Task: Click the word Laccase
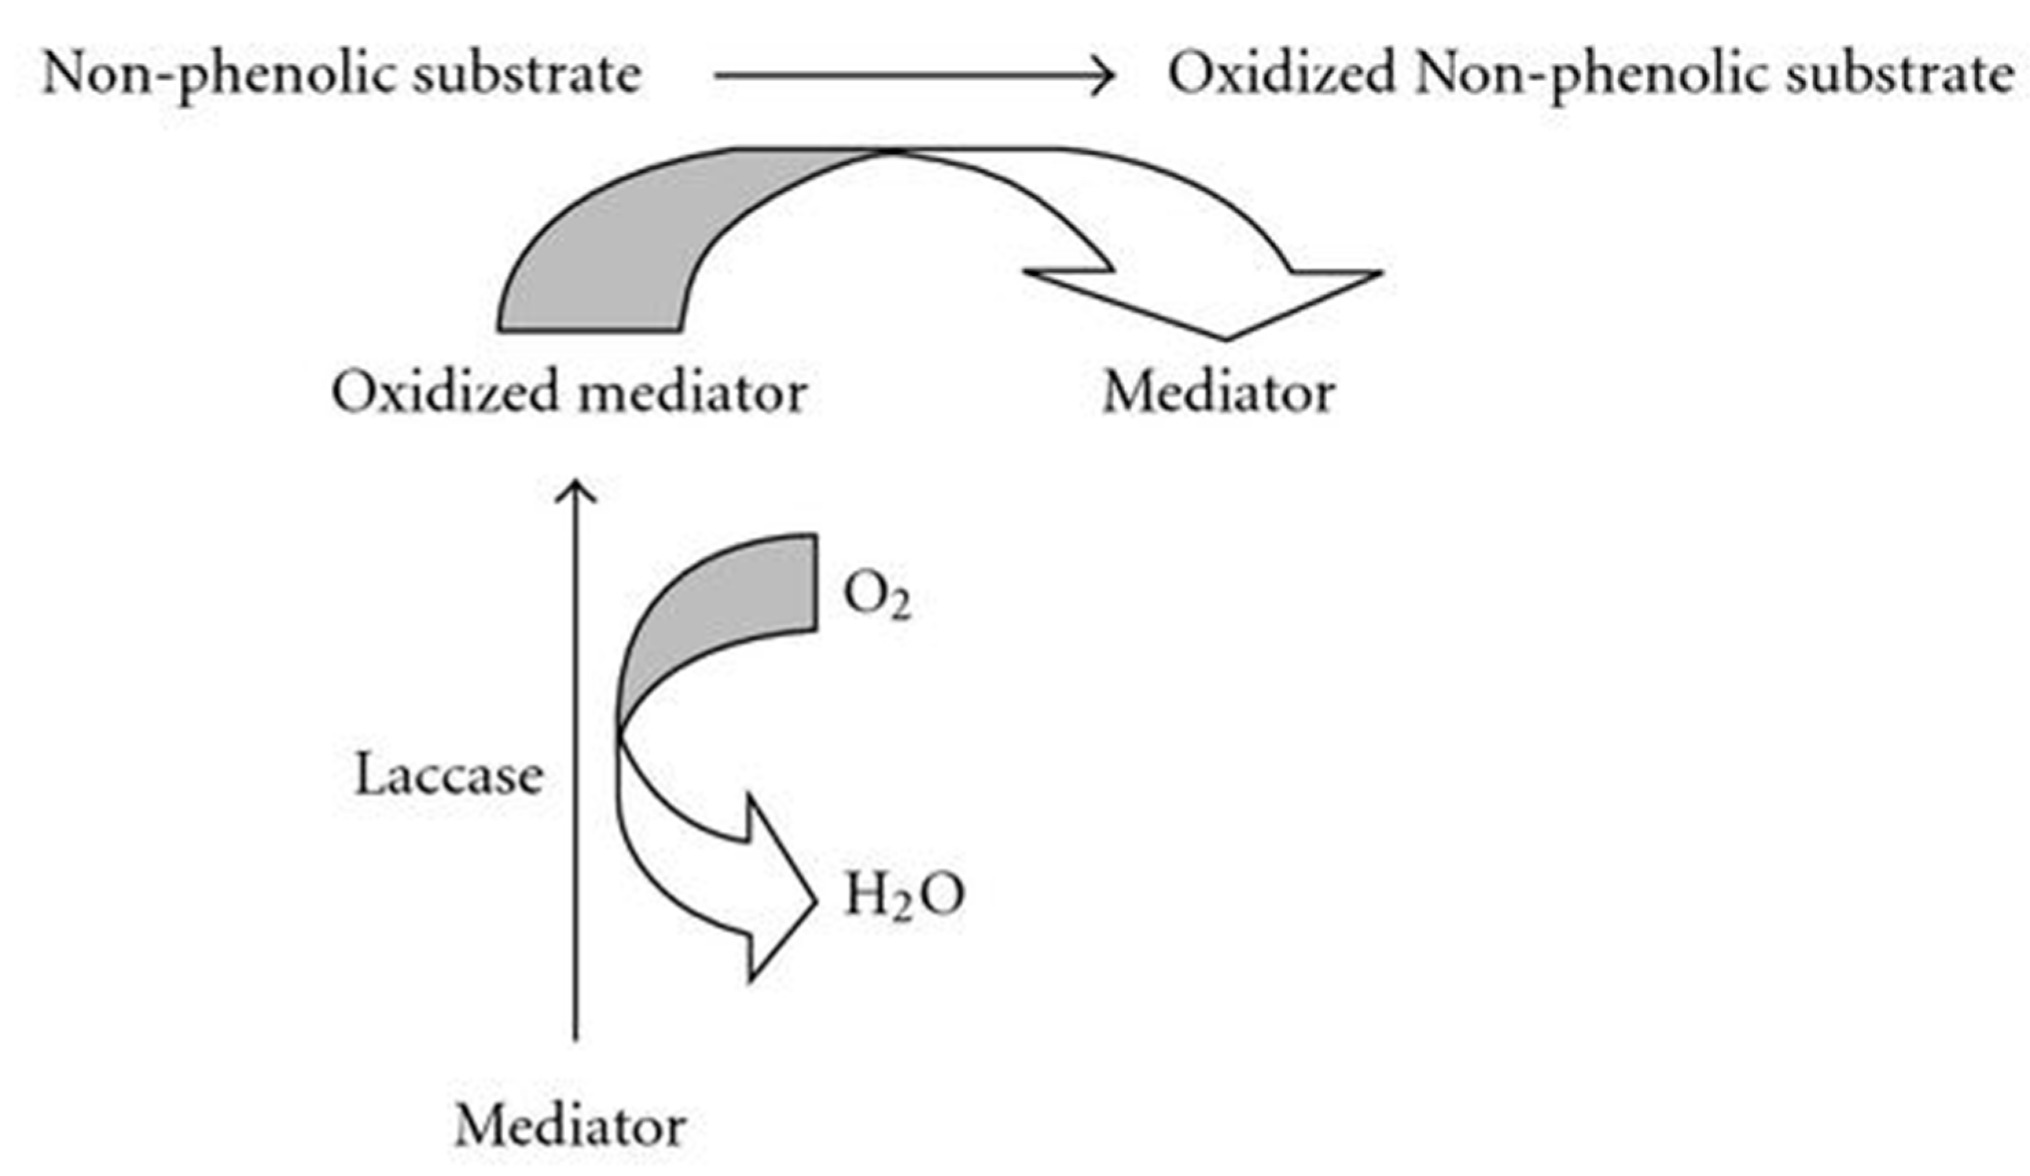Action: pyautogui.click(x=449, y=776)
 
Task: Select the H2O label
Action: pyautogui.click(x=902, y=897)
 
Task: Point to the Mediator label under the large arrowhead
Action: pyautogui.click(x=1218, y=393)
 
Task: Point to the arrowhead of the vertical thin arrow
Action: pyautogui.click(x=576, y=489)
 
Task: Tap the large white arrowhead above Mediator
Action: pyautogui.click(x=1225, y=298)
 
